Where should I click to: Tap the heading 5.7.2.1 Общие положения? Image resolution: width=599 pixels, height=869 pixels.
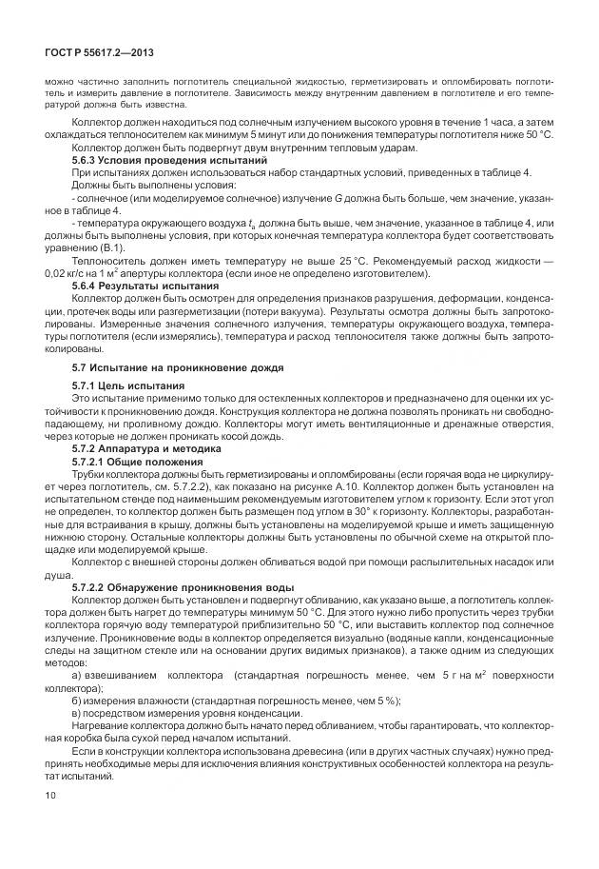(137, 460)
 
